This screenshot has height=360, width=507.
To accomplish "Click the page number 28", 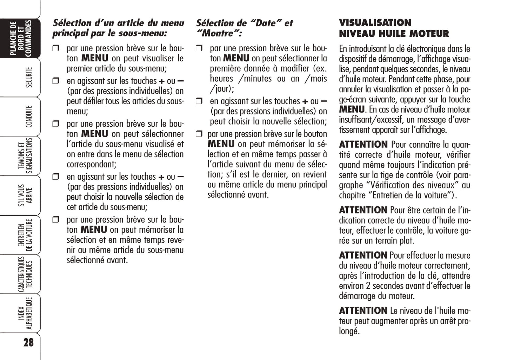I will coord(28,342).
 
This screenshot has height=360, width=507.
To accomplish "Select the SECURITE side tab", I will coord(29,78).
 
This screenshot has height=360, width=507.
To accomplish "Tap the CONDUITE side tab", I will coord(29,116).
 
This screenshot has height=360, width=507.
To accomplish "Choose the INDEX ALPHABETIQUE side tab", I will coord(25,313).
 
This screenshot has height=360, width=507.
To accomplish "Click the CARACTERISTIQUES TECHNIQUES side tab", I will coord(25,274).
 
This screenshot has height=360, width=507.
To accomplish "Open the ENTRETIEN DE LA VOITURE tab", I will coord(25,235).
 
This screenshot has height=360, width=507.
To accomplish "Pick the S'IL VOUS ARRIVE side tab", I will coord(25,195).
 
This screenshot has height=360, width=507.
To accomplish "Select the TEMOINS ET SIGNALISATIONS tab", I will coord(25,156).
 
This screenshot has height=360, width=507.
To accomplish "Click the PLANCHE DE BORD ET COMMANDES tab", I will coord(21,38).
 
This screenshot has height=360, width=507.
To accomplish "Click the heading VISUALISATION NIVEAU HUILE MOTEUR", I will coord(394,28).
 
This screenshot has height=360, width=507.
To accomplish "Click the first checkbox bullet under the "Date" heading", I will coord(199,48).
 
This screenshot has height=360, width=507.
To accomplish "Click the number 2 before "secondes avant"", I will coord(368,286).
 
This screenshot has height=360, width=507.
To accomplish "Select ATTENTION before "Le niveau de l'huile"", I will coord(363,311).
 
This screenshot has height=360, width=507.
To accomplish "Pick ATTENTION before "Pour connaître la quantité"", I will coord(363,145).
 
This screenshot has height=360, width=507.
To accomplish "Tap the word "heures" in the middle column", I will coord(221,79).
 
